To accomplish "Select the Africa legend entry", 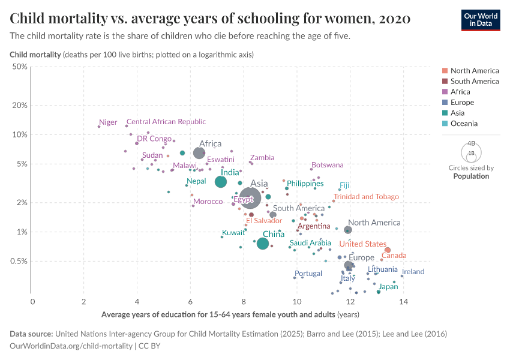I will tap(460, 92).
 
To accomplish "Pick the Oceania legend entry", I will tap(464, 124).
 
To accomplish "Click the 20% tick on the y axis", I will tap(20, 105).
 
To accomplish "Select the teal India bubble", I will tap(221, 182).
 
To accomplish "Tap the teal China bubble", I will tap(263, 244).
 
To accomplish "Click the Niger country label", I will tap(108, 122).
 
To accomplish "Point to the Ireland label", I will tap(413, 272).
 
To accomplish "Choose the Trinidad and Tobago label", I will tap(366, 197).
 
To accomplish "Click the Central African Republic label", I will tap(166, 122).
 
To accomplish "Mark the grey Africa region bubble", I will tap(199, 154).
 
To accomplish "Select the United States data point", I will tap(388, 250).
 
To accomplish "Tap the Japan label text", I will tap(389, 287).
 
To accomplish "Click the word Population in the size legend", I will tap(471, 176).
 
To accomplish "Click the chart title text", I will tap(210, 19).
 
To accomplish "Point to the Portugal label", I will tap(308, 274).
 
